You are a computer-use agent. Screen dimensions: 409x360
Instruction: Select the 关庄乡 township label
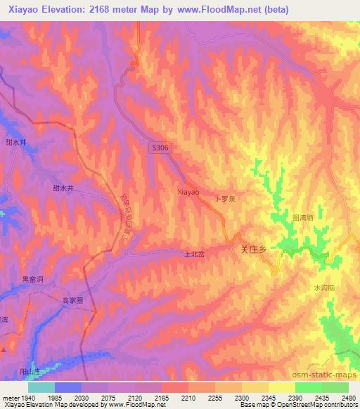coord(255,249)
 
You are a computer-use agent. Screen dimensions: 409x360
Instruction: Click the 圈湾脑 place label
coord(302,218)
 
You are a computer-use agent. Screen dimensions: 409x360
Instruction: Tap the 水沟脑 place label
coord(324,288)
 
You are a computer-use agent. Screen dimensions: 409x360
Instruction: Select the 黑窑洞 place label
coord(32,279)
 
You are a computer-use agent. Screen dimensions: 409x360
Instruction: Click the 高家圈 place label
coord(72,300)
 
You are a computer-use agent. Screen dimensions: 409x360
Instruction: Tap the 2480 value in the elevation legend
coord(349,398)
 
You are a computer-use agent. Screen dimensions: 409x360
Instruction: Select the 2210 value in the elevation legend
coord(188,398)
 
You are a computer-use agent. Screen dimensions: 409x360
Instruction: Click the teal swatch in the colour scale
coord(41,387)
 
